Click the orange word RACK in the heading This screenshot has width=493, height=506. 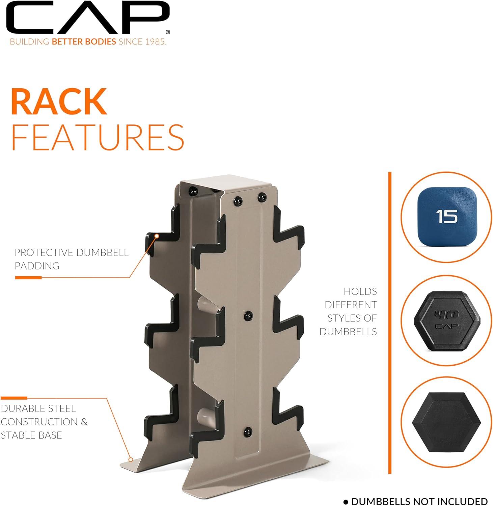tap(59, 102)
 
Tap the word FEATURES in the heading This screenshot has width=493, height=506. tap(98, 137)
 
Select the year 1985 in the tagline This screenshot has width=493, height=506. tap(155, 42)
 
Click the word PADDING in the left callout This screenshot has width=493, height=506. tap(37, 266)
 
